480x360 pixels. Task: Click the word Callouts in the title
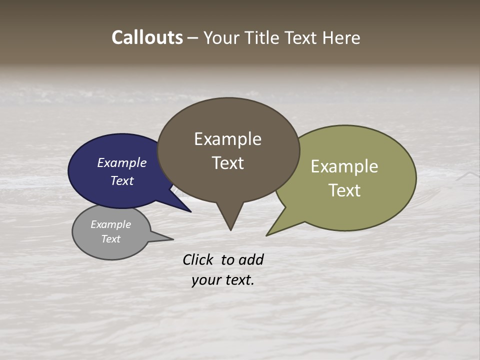147,37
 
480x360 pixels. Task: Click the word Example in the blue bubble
122,162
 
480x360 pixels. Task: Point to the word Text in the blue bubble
122,180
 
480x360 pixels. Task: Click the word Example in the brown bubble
227,139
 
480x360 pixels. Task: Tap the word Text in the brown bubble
227,163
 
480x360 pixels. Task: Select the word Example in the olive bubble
344,166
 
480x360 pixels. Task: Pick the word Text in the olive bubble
344,190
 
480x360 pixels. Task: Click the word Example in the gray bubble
111,224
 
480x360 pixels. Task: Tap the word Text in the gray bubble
111,239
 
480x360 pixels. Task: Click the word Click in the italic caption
198,259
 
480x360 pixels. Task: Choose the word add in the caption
251,259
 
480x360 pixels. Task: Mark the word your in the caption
205,280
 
